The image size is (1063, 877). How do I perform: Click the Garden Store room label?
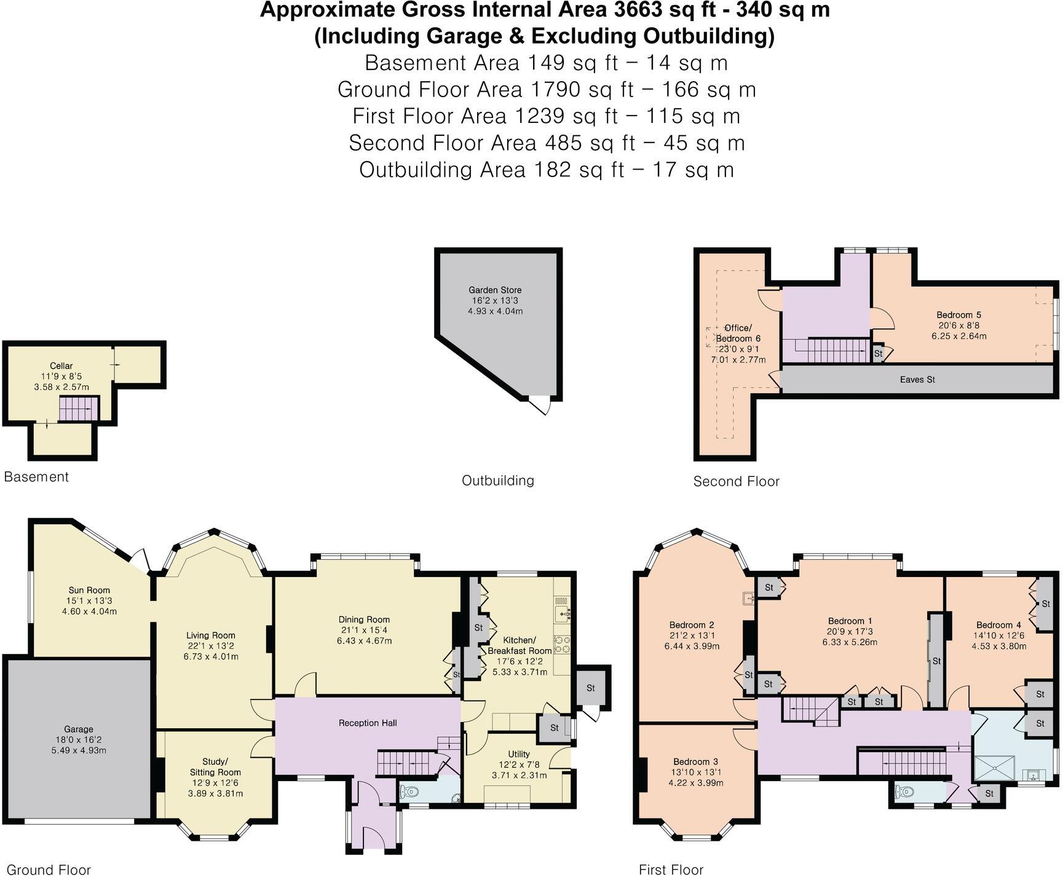(x=495, y=290)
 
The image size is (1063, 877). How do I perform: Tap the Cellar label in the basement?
(x=61, y=366)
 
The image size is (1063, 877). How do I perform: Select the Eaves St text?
(x=917, y=380)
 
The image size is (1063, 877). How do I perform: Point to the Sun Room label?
(x=89, y=590)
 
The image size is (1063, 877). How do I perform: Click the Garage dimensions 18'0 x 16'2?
(x=79, y=740)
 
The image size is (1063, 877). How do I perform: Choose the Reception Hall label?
(x=367, y=723)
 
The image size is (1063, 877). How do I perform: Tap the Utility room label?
(x=519, y=754)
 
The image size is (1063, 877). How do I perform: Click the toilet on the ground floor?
(x=409, y=793)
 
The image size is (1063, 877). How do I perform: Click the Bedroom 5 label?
(x=958, y=315)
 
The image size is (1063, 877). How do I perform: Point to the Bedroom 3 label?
(x=695, y=761)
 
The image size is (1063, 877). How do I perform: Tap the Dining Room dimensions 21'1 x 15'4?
(x=364, y=630)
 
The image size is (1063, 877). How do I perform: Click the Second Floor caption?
(x=736, y=481)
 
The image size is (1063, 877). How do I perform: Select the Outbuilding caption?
(x=497, y=480)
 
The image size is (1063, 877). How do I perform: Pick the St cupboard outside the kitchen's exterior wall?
(x=591, y=688)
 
